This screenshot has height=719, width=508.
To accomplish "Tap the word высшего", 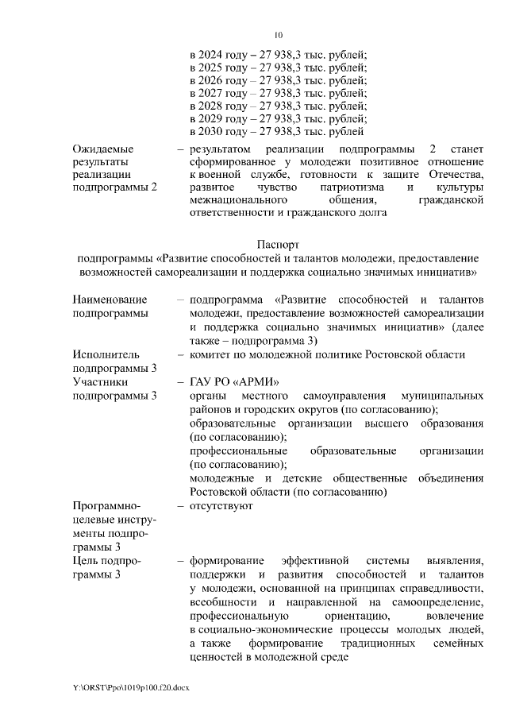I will (387, 423).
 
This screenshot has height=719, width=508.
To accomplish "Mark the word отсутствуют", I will (221, 505).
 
